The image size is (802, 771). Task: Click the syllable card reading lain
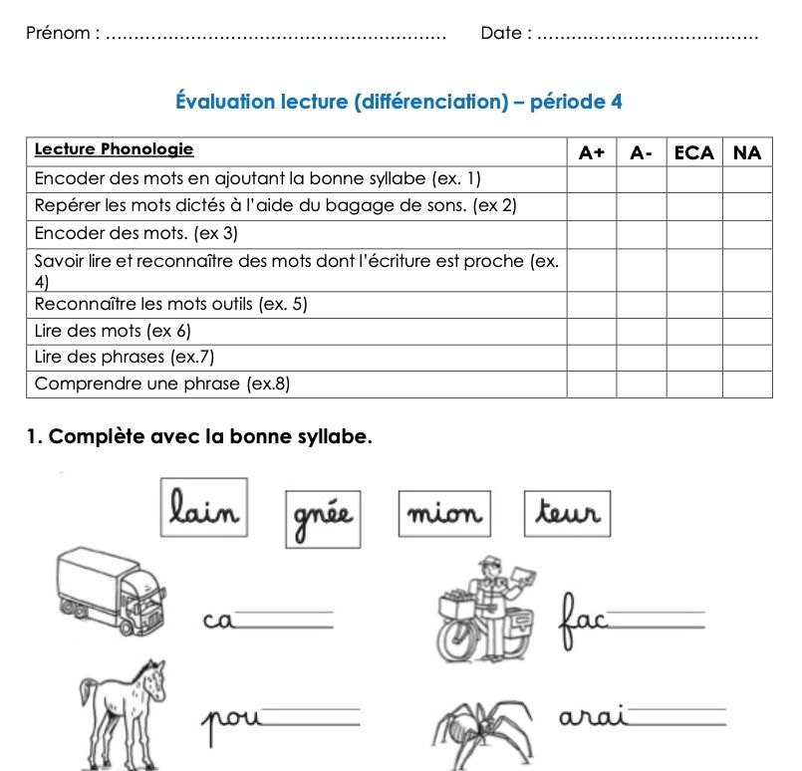pyautogui.click(x=204, y=509)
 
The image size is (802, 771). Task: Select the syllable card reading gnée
pyautogui.click(x=321, y=518)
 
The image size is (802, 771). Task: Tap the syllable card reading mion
pyautogui.click(x=443, y=514)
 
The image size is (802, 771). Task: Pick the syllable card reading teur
pyautogui.click(x=567, y=513)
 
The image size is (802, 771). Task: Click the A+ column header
pyautogui.click(x=592, y=152)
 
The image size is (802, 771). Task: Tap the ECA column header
pyautogui.click(x=694, y=152)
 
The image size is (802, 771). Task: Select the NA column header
pyautogui.click(x=746, y=152)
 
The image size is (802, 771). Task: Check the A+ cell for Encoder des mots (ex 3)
pyautogui.click(x=592, y=234)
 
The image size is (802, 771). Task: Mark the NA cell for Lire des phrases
pyautogui.click(x=746, y=358)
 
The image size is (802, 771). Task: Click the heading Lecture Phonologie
pyautogui.click(x=114, y=150)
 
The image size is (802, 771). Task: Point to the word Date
pyautogui.click(x=501, y=33)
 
